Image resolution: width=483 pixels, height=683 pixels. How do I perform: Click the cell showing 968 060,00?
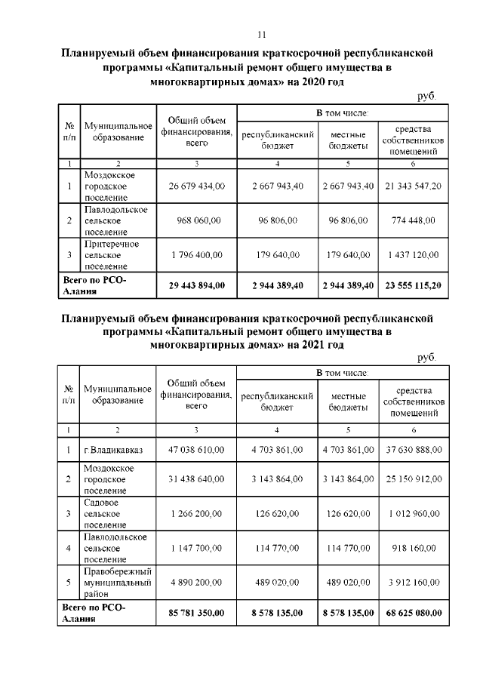point(196,220)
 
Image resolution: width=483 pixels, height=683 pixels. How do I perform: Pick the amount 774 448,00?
point(412,220)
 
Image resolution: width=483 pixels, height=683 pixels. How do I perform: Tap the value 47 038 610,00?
point(196,450)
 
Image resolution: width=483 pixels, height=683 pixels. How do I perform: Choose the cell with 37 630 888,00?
point(412,450)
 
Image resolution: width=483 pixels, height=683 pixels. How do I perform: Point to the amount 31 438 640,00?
point(196,479)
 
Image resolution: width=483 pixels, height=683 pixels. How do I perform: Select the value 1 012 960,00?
point(412,513)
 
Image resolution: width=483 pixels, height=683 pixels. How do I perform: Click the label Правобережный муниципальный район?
point(118,582)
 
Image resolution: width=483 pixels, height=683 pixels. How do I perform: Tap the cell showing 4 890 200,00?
point(196,582)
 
